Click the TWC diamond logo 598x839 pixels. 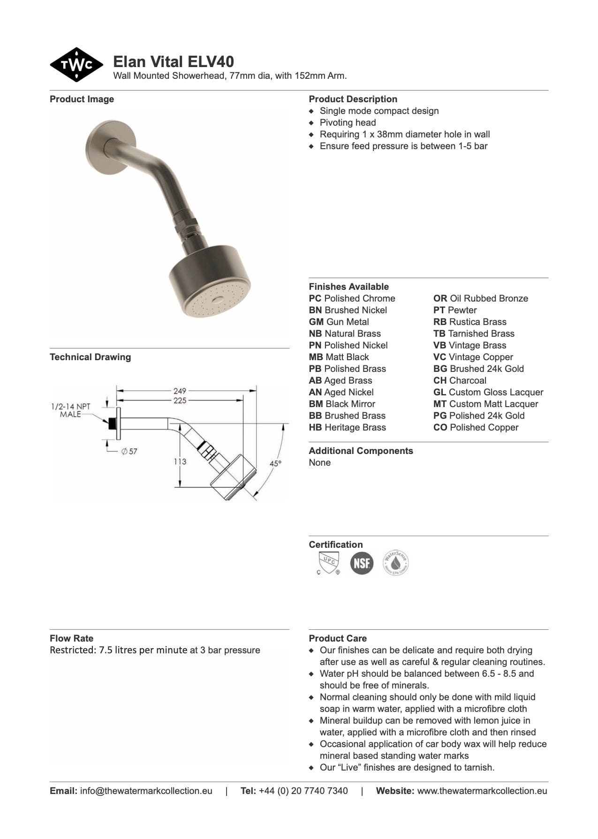coord(76,65)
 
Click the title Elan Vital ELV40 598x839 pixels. coord(174,61)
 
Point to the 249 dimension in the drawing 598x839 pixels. coord(180,390)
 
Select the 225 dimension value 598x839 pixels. coord(180,401)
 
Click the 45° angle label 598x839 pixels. coord(276,463)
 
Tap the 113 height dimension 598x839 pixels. coord(180,461)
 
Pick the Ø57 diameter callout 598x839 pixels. coord(129,451)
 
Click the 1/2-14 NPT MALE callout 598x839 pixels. coord(70,410)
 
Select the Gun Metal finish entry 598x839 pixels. coord(339,322)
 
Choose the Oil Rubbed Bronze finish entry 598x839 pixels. coord(481,298)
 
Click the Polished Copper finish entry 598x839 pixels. coord(476,427)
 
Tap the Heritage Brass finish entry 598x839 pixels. coord(347,427)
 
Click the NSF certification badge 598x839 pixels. coord(362,563)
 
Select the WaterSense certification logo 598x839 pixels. coord(395,563)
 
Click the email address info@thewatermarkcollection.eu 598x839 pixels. coord(146,791)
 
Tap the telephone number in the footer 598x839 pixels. coord(303,791)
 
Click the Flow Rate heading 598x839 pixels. coord(71,638)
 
